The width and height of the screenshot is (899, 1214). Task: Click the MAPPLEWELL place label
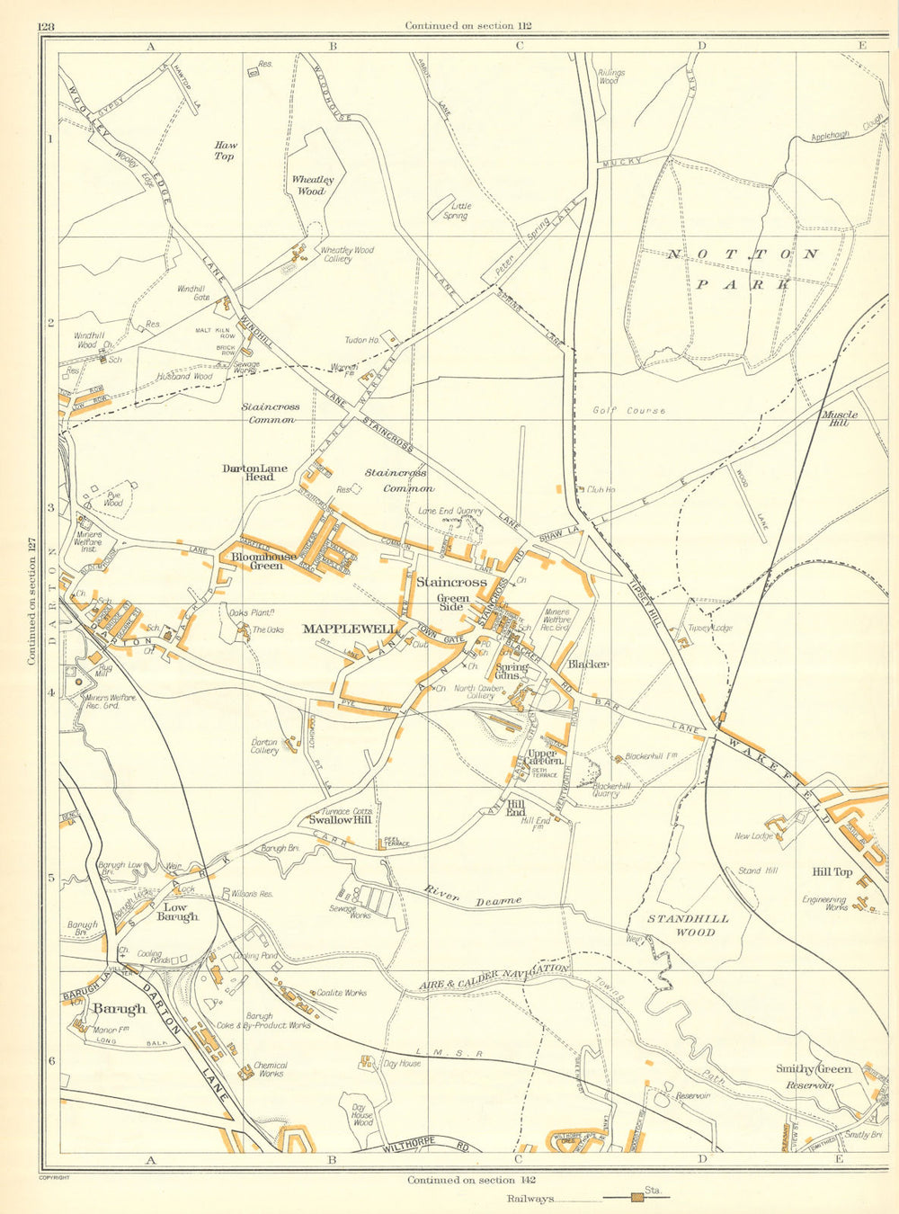(349, 629)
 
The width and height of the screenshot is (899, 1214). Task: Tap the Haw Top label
(224, 150)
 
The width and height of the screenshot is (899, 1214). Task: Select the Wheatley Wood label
(308, 185)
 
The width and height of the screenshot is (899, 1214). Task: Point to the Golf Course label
(629, 410)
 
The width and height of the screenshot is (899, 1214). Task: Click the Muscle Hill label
(839, 419)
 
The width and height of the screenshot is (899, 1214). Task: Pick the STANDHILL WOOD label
(689, 925)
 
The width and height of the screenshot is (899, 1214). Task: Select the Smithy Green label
(814, 1069)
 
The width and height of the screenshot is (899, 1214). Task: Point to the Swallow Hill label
(340, 820)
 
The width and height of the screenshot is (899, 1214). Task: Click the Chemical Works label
(271, 1069)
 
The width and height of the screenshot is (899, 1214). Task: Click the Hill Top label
(832, 871)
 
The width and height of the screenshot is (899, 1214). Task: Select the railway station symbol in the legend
(636, 1198)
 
